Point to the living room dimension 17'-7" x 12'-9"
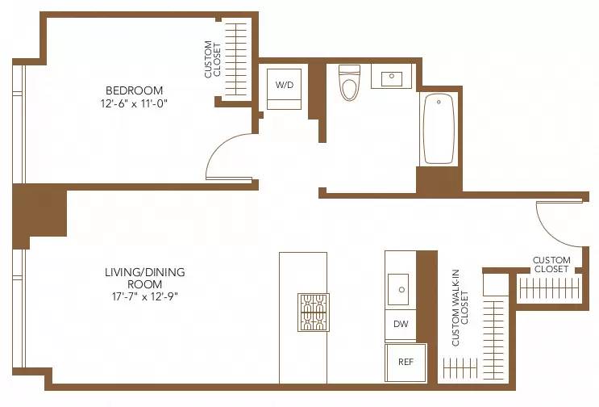point(134,296)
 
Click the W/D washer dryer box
point(284,85)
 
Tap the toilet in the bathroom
point(349,83)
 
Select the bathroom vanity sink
point(392,78)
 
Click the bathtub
point(439,128)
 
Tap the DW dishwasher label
point(401,325)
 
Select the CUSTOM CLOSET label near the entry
point(551,265)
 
